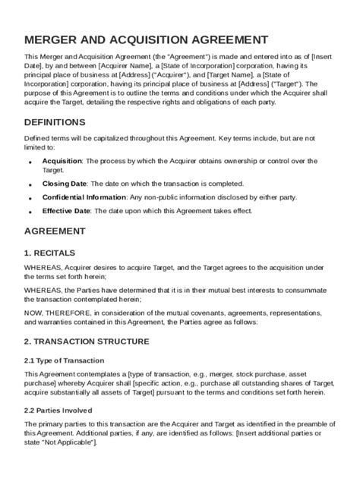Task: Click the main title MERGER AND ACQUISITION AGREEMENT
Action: click(x=145, y=39)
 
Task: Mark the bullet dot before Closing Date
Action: click(x=30, y=185)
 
